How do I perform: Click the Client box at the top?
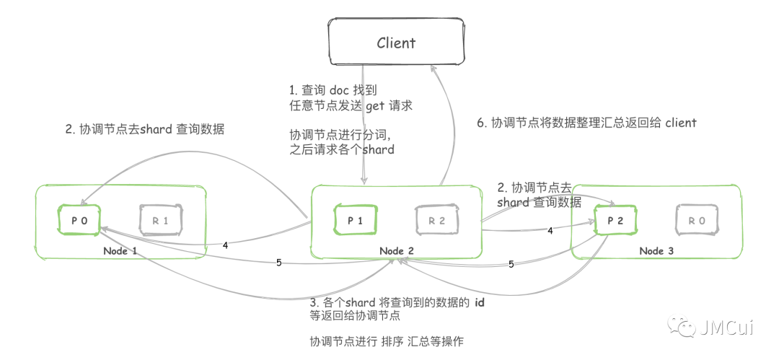[396, 43]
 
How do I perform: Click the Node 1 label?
[120, 250]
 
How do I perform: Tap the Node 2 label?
[396, 250]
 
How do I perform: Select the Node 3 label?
[656, 250]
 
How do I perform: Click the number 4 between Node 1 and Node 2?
[225, 245]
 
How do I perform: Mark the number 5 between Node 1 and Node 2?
[279, 262]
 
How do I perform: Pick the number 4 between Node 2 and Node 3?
[550, 231]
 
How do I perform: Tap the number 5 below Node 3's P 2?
[511, 264]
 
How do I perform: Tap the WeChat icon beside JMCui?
[684, 328]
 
